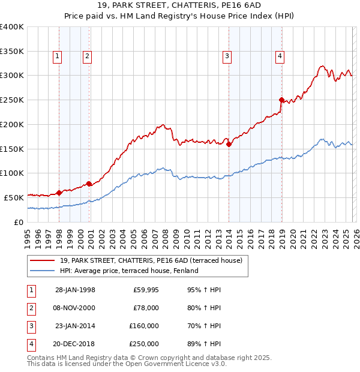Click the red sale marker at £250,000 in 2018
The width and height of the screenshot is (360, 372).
(x=281, y=100)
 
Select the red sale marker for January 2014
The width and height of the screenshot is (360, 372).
(x=229, y=144)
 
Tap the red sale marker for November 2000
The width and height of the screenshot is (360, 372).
(x=89, y=184)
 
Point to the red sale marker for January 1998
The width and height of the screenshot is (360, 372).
(x=59, y=193)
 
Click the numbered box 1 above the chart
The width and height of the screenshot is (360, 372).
(x=57, y=56)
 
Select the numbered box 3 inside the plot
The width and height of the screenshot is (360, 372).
(x=227, y=56)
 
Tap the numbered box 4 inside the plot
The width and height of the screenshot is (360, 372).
(x=280, y=56)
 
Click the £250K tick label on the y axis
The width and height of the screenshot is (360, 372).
(x=11, y=100)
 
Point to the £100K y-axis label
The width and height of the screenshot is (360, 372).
(x=11, y=173)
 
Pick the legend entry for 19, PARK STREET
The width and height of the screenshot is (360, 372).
(x=150, y=261)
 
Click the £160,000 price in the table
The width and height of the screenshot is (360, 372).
(x=143, y=326)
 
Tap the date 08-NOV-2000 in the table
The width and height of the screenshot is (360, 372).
(x=75, y=308)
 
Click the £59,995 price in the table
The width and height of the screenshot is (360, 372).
(x=145, y=290)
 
